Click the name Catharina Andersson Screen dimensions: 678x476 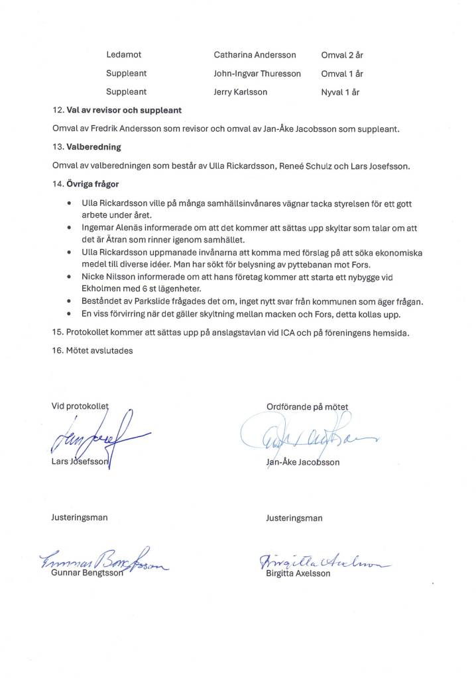point(255,55)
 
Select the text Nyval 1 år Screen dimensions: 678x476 point(340,92)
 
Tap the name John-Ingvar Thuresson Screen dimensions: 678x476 point(257,73)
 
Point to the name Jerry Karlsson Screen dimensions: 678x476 point(240,92)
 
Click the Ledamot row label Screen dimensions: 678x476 point(123,55)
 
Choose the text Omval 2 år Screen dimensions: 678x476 point(341,55)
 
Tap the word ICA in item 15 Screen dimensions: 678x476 point(293,332)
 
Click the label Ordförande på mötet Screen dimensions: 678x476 point(307,407)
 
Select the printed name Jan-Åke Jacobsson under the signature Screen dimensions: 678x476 point(302,462)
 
